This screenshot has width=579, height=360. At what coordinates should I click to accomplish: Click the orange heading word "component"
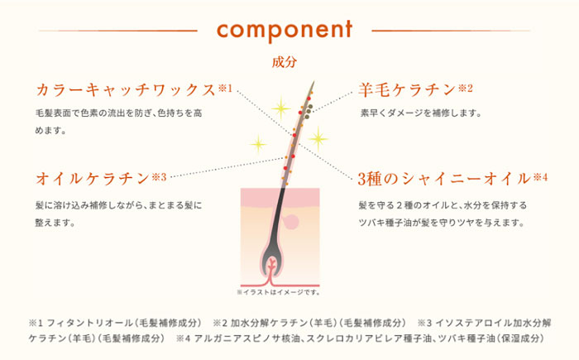tap(285, 30)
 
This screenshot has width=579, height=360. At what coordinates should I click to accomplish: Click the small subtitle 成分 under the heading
tap(285, 62)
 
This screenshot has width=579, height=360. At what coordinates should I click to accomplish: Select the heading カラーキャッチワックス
tap(126, 90)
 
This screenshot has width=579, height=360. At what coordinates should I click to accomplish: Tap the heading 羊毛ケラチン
tap(407, 90)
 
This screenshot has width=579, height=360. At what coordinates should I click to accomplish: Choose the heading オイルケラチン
tap(93, 179)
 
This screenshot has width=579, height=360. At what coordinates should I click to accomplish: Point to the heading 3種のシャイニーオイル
tap(444, 179)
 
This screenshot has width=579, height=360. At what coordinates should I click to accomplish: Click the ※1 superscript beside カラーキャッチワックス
tap(225, 89)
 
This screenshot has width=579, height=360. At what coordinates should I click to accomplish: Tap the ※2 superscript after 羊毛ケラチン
tap(466, 89)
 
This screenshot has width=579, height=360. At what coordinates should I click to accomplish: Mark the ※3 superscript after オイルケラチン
tap(159, 177)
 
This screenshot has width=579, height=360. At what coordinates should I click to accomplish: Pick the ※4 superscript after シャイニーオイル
tap(540, 177)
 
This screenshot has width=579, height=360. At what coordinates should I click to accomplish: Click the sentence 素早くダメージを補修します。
tap(421, 113)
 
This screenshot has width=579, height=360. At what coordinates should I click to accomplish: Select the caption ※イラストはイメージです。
tap(279, 292)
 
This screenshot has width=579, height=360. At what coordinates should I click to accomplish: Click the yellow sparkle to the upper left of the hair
tap(281, 108)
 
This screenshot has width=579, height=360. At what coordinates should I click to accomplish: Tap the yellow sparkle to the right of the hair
tap(318, 139)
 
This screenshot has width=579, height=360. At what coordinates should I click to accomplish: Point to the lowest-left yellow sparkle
tap(258, 144)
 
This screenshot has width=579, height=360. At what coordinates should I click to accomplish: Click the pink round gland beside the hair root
tap(291, 222)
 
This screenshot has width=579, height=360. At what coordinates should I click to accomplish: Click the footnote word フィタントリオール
tap(89, 323)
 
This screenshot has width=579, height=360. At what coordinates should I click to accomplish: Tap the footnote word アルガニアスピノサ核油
tap(246, 338)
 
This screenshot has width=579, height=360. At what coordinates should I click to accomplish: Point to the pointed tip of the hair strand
tap(313, 82)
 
